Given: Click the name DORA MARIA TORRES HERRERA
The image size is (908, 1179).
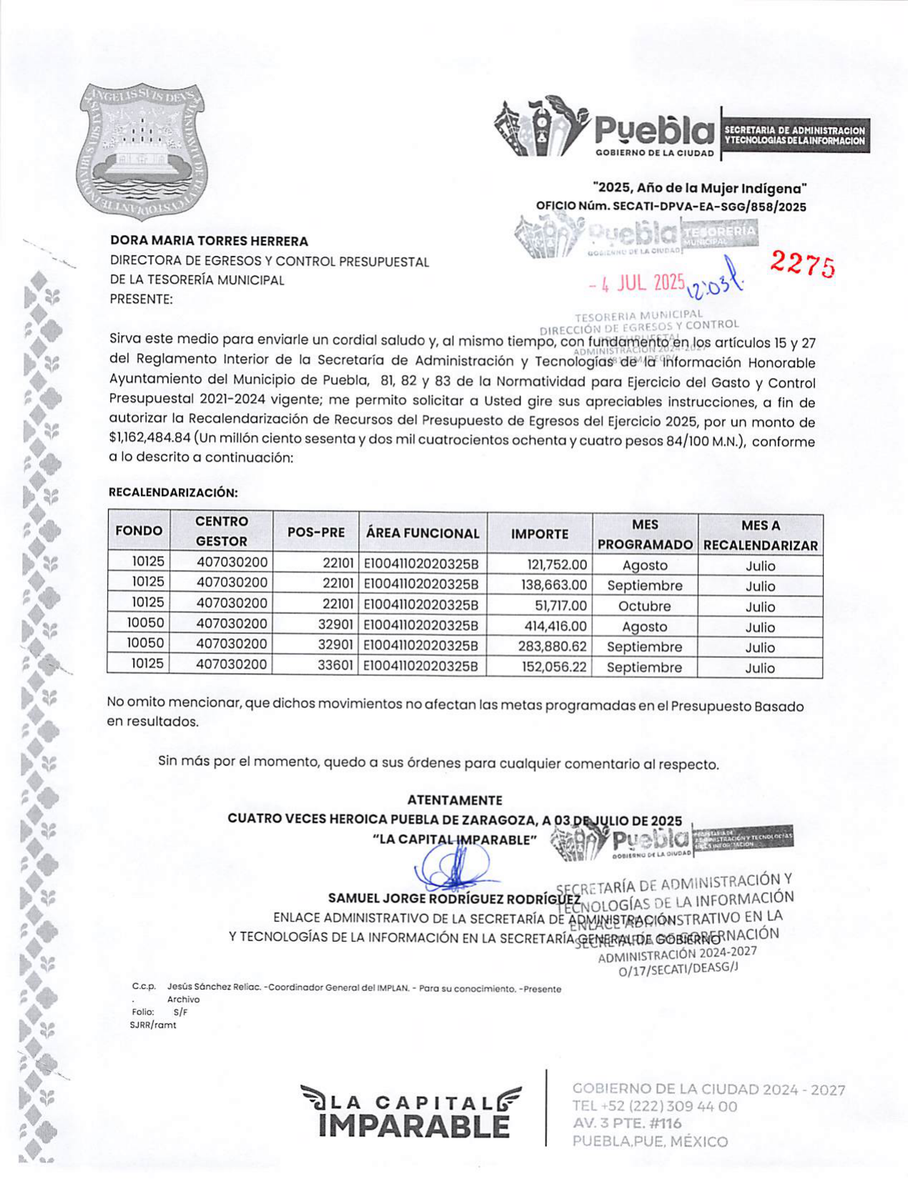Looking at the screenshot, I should pos(209,242).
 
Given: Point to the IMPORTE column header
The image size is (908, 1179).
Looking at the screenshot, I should pos(540,534).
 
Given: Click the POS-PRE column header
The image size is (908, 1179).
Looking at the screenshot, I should pos(316,532).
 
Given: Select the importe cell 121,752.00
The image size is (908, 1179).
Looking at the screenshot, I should pos(557,564).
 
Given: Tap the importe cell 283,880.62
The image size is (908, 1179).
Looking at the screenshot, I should pos(553,647).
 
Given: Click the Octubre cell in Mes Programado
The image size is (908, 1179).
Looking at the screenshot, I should pos(644,606).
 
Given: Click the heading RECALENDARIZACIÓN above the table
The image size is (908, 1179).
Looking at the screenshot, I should pos(173,492).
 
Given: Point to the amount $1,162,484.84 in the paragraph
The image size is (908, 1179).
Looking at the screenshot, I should pos(149,439).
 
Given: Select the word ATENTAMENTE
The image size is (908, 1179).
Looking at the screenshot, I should pos(455,800).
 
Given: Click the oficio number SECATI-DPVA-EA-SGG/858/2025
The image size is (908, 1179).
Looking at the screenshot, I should pos(711,207).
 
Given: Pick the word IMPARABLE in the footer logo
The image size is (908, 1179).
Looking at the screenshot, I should pos(415,1126).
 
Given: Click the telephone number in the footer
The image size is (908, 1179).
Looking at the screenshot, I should pos(654,1107).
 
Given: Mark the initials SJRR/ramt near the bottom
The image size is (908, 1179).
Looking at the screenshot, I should pos(153,1025).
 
